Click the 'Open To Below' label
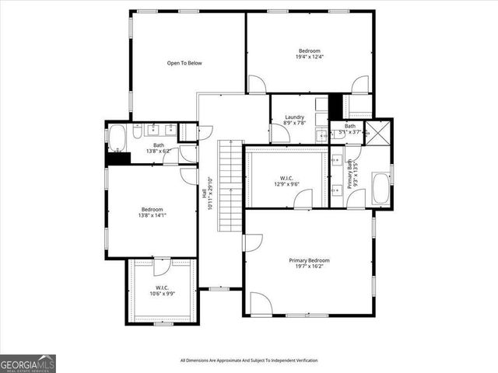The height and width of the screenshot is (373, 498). pyautogui.click(x=184, y=63)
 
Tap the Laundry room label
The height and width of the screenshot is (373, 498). pyautogui.click(x=294, y=120)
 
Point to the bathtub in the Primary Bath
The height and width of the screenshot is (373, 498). pyautogui.click(x=381, y=189)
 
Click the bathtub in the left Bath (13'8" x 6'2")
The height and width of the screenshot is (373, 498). pyautogui.click(x=117, y=138)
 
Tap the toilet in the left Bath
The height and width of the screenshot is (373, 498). pyautogui.click(x=135, y=134)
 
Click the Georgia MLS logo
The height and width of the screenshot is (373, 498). pyautogui.click(x=27, y=363)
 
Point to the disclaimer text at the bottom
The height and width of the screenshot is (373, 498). pyautogui.click(x=249, y=360)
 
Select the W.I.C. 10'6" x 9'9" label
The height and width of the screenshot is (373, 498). pyautogui.click(x=162, y=291)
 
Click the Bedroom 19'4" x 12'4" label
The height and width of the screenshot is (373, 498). pyautogui.click(x=309, y=54)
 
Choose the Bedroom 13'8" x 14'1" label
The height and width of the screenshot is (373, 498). pyautogui.click(x=152, y=212)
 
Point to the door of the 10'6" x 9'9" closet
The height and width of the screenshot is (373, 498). pyautogui.click(x=161, y=267)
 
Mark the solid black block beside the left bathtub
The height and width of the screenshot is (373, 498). pyautogui.click(x=118, y=158)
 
